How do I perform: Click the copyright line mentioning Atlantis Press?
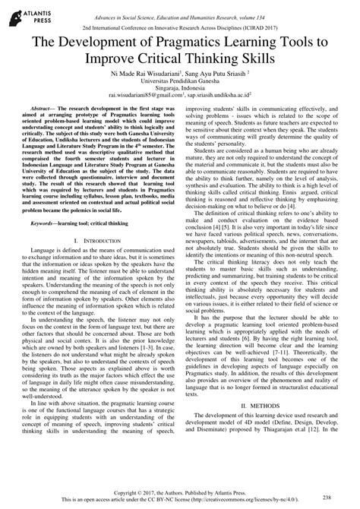point(180,492)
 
